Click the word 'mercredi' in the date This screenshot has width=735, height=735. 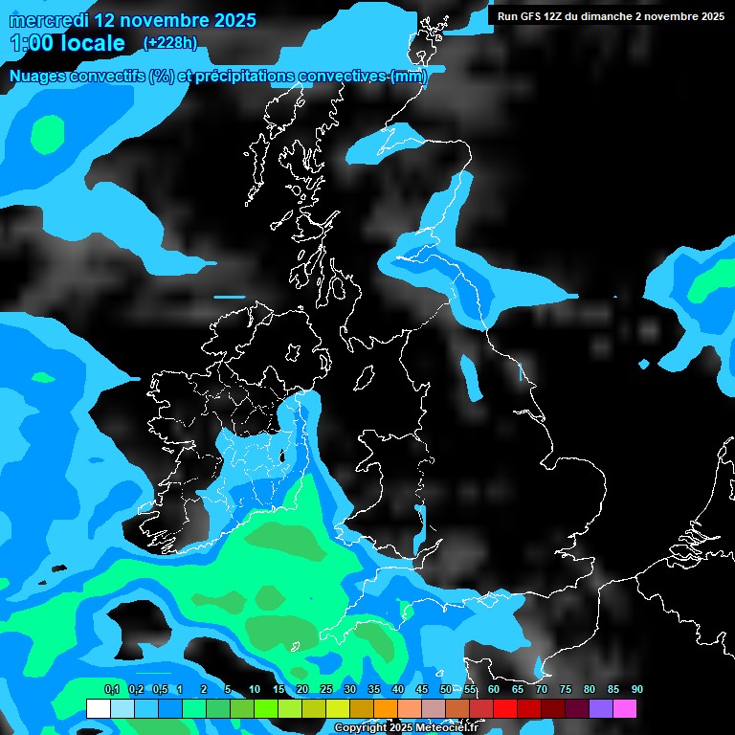[x=49, y=19]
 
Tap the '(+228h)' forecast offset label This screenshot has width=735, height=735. [x=169, y=42]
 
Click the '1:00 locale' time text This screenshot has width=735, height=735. [x=67, y=43]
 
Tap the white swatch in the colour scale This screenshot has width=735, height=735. [x=98, y=708]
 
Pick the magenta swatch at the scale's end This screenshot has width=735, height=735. [x=624, y=708]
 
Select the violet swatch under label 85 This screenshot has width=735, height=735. [x=600, y=708]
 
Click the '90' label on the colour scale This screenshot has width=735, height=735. [x=636, y=690]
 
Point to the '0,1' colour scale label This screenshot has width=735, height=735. [x=111, y=690]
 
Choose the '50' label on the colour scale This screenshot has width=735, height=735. [x=446, y=690]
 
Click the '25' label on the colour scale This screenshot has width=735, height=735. [x=326, y=690]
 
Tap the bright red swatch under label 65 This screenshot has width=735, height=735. [x=504, y=708]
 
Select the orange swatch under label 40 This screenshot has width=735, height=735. [x=385, y=708]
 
